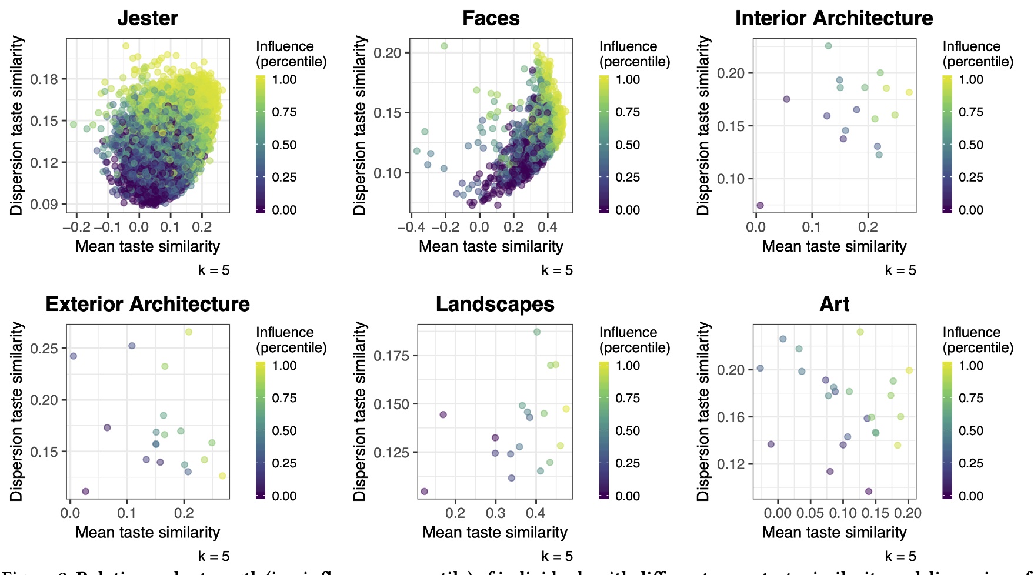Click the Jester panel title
coord(148,18)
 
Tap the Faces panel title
coord(491,18)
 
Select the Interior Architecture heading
coord(833,18)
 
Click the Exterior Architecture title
coord(148,304)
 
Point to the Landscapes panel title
coord(495,304)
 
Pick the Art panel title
coord(834,304)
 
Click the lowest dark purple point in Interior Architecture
coord(760,205)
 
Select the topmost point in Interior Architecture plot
coord(828,46)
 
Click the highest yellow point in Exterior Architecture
coord(189,332)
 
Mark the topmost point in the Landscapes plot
coord(537,332)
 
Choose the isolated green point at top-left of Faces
coord(444,46)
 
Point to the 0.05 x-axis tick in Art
coord(810,513)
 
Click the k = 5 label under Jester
coord(214,270)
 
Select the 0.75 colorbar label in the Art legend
coord(970,398)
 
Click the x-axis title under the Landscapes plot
coord(495,532)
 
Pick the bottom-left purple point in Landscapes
coord(424,491)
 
